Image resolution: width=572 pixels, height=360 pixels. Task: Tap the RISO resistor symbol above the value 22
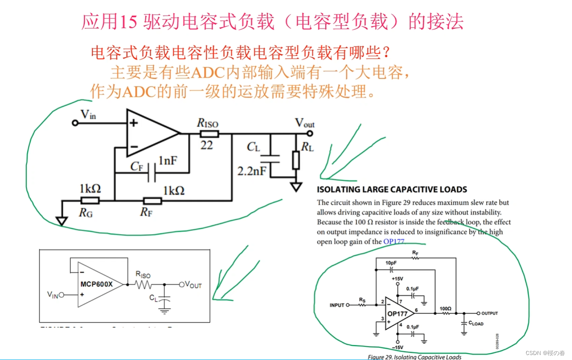(209, 134)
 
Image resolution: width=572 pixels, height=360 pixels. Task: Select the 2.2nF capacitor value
(251, 171)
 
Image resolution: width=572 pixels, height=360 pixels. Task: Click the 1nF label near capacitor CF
(168, 161)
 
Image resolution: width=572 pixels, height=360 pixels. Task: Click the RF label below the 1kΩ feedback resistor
(146, 212)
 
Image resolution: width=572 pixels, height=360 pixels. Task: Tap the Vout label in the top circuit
(304, 123)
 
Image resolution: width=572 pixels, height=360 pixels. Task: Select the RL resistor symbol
(296, 160)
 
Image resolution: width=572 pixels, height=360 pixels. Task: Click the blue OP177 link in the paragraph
(394, 242)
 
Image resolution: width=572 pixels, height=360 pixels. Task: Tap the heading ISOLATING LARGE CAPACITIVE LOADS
(392, 189)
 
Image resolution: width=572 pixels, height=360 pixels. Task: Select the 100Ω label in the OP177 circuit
(445, 308)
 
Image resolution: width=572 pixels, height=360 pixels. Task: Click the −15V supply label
(398, 347)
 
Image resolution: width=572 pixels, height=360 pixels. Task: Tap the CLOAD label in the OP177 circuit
(476, 324)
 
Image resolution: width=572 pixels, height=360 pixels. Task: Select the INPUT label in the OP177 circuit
(337, 305)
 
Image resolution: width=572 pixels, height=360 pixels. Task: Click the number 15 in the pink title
(129, 21)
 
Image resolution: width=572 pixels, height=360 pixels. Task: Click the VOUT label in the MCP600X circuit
(193, 285)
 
